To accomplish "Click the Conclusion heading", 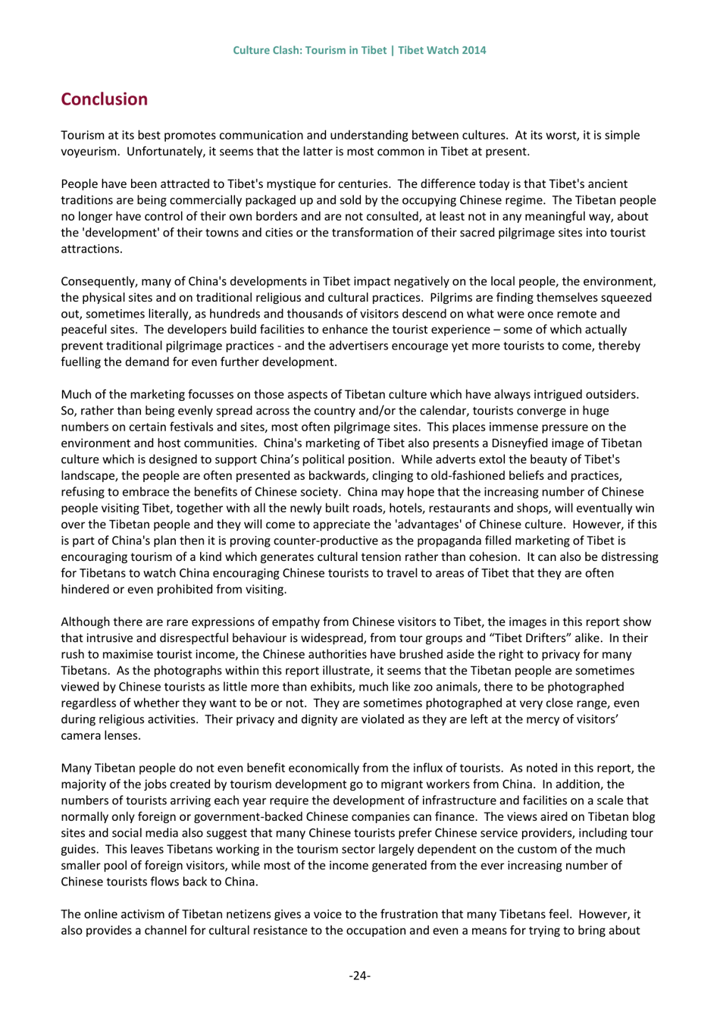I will (104, 99).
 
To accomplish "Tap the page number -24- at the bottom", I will (359, 975).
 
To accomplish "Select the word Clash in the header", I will (284, 50).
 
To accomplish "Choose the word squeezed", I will (626, 297).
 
